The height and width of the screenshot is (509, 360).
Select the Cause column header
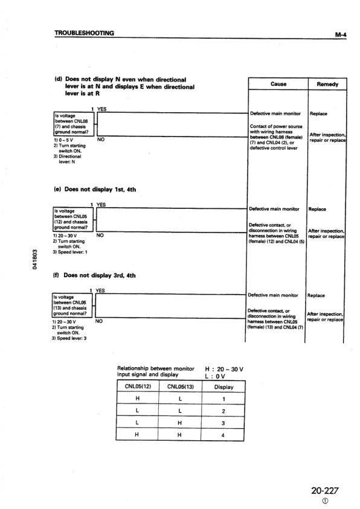point(278,85)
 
